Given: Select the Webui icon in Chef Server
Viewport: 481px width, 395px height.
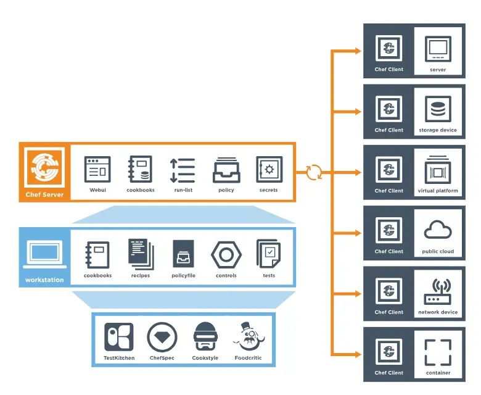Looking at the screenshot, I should tap(97, 169).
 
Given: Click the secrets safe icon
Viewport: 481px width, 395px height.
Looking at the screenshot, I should tap(269, 169).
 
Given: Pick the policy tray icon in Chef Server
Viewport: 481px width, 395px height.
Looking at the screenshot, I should tap(226, 171).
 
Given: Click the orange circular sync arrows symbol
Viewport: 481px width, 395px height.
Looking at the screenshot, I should tap(314, 172).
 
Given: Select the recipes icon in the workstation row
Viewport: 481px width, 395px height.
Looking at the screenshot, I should tap(141, 254).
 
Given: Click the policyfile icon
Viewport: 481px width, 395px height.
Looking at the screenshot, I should tap(183, 254).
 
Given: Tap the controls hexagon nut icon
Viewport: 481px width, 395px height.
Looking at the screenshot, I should tap(226, 254).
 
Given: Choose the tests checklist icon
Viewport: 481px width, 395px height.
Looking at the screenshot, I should tap(269, 254).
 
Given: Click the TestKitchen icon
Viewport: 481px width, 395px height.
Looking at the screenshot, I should tap(119, 337).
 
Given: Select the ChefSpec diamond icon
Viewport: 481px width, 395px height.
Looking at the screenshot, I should tap(162, 337).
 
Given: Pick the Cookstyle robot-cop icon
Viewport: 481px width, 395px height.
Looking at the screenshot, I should tap(205, 337).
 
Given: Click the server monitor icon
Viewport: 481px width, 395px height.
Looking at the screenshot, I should tap(438, 49).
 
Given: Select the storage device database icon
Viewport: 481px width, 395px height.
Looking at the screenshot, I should tap(438, 109).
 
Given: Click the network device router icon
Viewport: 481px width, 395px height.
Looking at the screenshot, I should tap(438, 291).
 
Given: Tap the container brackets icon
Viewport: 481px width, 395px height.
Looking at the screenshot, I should tap(438, 352).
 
